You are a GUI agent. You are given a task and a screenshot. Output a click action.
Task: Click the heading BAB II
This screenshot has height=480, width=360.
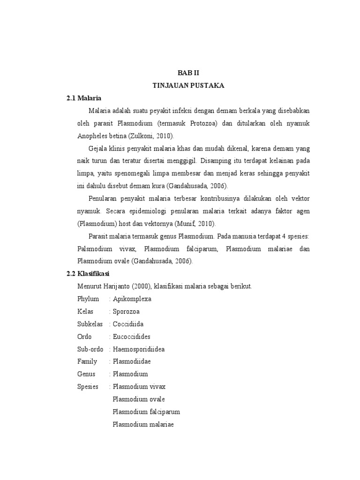pos(188,73)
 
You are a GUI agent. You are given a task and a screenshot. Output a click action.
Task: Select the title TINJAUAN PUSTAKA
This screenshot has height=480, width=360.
pos(188,85)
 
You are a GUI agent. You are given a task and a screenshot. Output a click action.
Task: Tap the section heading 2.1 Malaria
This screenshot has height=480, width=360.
pos(84,98)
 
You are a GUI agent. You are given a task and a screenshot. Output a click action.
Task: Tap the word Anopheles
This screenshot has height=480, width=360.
pos(93,136)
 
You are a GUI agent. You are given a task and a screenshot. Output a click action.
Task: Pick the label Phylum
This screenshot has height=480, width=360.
pos(88,299)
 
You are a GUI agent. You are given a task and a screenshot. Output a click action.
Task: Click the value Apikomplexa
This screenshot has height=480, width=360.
pos(132,299)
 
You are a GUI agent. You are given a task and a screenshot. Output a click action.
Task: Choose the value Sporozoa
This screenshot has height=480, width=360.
pos(126,311)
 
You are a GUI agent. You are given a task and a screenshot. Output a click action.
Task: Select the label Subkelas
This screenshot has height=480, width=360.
pos(90,324)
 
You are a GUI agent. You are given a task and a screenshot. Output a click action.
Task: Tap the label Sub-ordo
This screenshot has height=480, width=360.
pos(90,349)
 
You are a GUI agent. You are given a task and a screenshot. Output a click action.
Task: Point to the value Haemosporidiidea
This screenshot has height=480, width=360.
pos(138,349)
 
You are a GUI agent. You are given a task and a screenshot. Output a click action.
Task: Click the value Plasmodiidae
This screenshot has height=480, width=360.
pos(131,361)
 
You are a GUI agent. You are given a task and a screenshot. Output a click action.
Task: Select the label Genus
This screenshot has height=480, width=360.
pos(86,374)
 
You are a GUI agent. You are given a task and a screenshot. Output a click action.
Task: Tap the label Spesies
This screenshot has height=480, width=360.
pos(88,387)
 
